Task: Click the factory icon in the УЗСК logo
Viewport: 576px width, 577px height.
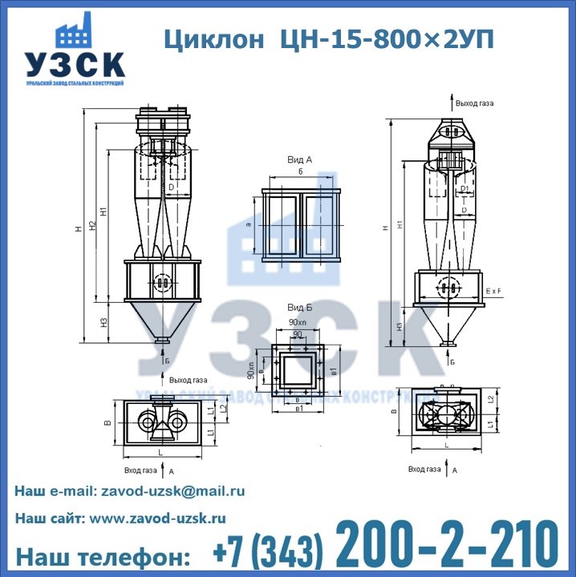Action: [76, 32]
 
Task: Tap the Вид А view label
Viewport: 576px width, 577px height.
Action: [299, 160]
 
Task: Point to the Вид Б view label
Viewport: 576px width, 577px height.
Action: [299, 307]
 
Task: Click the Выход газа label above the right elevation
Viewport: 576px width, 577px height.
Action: [474, 103]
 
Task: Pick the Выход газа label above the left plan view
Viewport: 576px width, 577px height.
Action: [189, 380]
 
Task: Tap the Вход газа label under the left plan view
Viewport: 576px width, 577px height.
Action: [141, 471]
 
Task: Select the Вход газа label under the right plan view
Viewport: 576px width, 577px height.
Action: [424, 469]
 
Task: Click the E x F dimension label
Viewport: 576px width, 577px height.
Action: [494, 290]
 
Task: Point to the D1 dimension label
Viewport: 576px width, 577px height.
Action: [464, 190]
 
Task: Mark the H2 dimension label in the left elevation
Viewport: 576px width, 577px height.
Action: [92, 228]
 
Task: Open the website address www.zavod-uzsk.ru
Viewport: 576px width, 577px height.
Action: [157, 518]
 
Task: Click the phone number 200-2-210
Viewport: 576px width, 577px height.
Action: [446, 545]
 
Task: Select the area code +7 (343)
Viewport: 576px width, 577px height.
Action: [269, 553]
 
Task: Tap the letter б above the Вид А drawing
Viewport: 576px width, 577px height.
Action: [299, 172]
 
